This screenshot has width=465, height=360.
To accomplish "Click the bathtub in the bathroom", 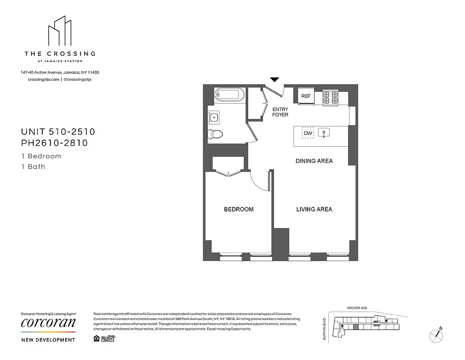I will coord(229,95).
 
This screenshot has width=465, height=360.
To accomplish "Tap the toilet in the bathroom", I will coord(216,134).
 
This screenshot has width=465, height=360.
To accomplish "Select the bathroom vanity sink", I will coord(214,117).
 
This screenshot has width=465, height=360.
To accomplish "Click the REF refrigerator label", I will coord(306,96).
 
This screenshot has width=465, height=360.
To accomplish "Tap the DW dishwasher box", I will coord(308,133).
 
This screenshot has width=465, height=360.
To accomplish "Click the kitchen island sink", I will coord(324,133).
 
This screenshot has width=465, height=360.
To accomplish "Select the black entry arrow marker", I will coord(274,80).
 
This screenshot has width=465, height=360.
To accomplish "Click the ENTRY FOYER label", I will coord(280,112).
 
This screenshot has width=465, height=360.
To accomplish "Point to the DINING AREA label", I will coord(314,161).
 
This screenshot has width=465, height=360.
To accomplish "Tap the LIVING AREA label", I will coord(314,209).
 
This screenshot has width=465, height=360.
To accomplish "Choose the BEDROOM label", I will coord(239,209).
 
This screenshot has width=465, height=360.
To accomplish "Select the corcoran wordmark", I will coord(48,323).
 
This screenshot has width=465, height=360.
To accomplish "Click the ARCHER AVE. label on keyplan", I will coord(357,308).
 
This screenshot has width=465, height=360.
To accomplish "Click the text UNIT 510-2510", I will coord(58,132).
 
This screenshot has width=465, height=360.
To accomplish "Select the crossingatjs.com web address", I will coord(44,79).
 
